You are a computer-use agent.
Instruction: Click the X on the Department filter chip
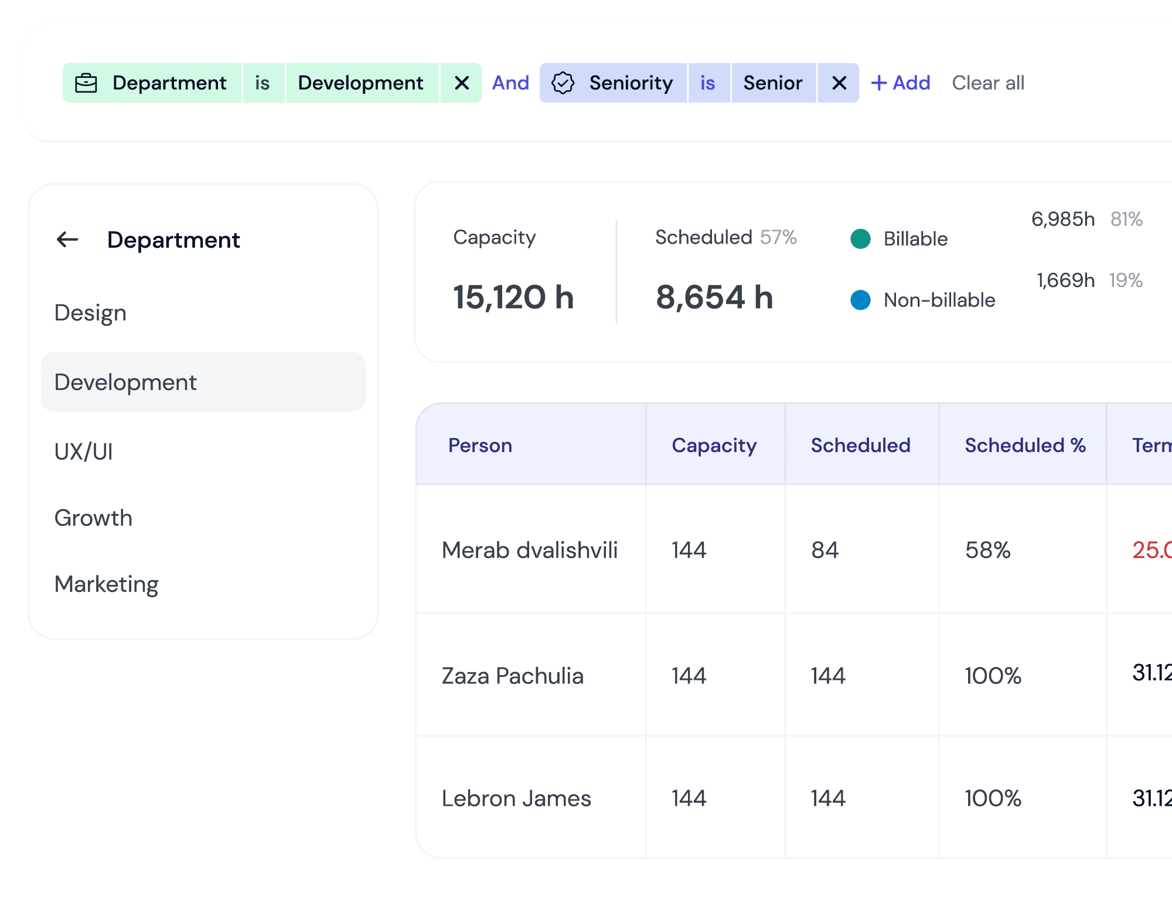click(462, 83)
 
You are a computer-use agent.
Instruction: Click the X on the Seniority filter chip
click(839, 83)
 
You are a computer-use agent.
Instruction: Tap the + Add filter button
click(901, 83)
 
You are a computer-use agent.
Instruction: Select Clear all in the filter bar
click(988, 83)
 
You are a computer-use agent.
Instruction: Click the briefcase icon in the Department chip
click(86, 83)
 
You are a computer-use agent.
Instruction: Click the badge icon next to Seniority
click(563, 83)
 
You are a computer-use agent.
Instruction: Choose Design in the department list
click(90, 313)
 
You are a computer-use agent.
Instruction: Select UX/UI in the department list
click(84, 451)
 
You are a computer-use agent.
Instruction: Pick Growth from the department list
click(93, 518)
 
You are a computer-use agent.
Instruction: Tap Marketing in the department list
click(107, 584)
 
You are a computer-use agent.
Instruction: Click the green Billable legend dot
click(860, 239)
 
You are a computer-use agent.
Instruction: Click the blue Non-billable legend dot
click(860, 300)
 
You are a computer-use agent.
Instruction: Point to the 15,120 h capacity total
click(513, 297)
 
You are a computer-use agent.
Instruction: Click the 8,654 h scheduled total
click(714, 297)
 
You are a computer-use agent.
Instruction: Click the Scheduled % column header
click(1025, 446)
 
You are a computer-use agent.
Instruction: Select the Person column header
click(480, 446)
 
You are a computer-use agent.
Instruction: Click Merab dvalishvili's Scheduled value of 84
click(825, 550)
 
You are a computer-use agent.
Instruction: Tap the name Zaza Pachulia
click(513, 676)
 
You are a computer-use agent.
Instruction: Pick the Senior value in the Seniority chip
click(773, 83)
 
